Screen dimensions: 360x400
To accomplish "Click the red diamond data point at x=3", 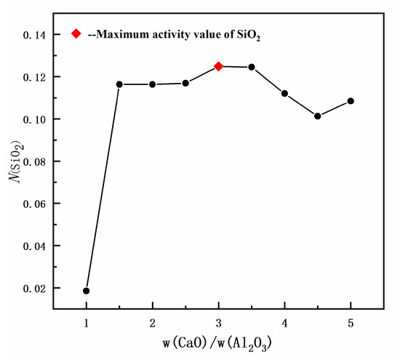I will click(x=218, y=66).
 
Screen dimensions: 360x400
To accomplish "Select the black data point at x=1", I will click(x=87, y=291).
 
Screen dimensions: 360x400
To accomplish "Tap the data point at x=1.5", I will click(x=119, y=84).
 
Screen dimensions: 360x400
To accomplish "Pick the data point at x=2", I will click(x=152, y=84).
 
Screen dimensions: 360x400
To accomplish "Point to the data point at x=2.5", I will click(x=185, y=83).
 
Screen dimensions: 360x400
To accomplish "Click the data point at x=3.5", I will click(x=252, y=67).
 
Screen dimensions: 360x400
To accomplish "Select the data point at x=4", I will click(x=284, y=93).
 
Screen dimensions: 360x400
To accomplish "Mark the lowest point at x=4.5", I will click(x=318, y=116).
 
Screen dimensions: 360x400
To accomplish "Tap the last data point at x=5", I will click(x=351, y=100).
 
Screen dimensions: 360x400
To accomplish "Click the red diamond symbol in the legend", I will click(x=76, y=33).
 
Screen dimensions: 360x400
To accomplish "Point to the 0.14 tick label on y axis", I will click(x=39, y=35).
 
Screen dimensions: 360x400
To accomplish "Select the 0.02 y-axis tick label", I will click(x=39, y=289).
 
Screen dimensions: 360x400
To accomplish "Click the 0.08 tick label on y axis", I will click(x=39, y=161).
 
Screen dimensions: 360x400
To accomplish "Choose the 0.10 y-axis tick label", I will click(x=39, y=119).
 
